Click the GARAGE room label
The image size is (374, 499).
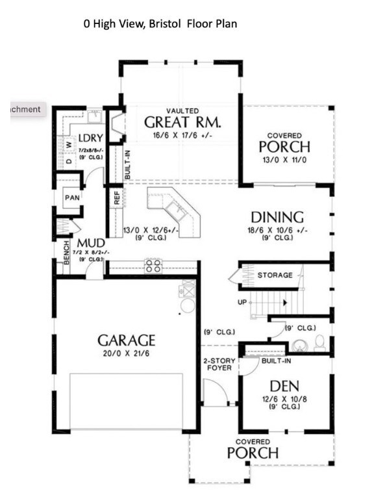(x=127, y=340)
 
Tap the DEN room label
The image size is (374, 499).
(x=285, y=387)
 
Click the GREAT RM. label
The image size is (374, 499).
(x=182, y=122)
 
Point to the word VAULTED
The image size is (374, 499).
(x=182, y=111)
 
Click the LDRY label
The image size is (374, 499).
(x=88, y=138)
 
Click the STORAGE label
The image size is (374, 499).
(x=275, y=275)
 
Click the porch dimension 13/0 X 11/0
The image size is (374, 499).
(x=284, y=159)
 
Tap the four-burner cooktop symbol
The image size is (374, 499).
(x=153, y=266)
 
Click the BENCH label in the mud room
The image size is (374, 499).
(x=66, y=253)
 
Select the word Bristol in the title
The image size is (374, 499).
(x=166, y=24)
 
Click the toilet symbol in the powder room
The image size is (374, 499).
(x=319, y=342)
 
